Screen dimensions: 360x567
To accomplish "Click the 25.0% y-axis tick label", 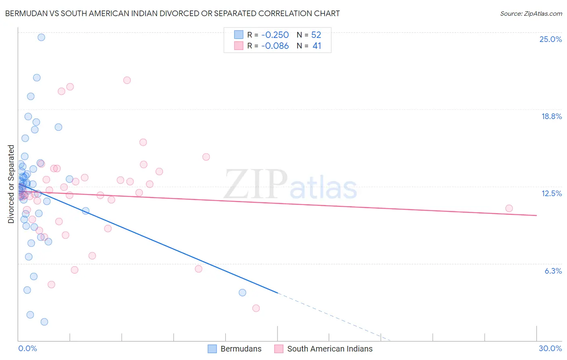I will point(550,39).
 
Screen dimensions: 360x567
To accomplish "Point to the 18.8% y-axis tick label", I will point(551,116).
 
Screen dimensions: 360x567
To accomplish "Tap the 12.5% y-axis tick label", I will point(551,193).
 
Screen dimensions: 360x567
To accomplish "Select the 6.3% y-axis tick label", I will point(553,271).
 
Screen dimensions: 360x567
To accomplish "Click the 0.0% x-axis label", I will point(27,348).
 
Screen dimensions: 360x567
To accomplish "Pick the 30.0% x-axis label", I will point(550,348).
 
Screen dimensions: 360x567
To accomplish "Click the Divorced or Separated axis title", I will point(11,184).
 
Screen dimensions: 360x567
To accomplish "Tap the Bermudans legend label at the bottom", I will point(241,349).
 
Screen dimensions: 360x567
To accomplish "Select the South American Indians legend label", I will point(329,349).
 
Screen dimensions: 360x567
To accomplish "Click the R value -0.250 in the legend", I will point(275,35).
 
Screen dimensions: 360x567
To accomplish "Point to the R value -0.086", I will point(275,46).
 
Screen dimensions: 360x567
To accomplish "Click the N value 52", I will point(316,35).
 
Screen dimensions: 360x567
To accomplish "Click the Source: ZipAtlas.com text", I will point(531,13).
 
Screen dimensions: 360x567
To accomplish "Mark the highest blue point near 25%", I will point(41,37).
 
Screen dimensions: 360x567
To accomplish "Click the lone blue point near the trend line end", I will point(242,293).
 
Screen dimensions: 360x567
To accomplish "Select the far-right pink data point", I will point(509,208).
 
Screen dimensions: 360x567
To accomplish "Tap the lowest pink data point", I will point(256,308).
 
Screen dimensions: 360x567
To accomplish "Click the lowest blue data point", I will point(44,322).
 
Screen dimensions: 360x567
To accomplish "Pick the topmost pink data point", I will point(127,80).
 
